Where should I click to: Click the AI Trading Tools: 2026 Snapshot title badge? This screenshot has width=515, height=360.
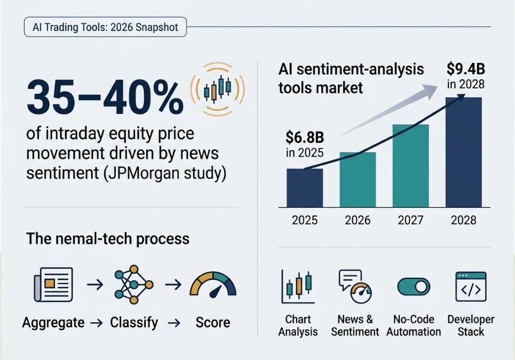tap(106, 27)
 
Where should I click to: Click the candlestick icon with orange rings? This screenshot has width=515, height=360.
tap(217, 89)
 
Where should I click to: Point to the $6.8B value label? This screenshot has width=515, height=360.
tap(305, 137)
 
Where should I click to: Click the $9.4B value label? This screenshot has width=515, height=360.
tap(466, 69)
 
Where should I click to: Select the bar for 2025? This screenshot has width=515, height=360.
tap(305, 188)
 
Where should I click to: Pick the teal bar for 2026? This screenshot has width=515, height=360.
tap(358, 179)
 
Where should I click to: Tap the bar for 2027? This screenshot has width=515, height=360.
tap(411, 166)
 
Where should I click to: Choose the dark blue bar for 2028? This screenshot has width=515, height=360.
tap(463, 152)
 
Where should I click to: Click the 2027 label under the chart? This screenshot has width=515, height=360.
tap(411, 220)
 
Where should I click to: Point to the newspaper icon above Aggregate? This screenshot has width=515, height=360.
tap(53, 284)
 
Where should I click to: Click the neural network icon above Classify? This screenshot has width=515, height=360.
tap(134, 284)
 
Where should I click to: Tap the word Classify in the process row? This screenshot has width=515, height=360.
tap(134, 323)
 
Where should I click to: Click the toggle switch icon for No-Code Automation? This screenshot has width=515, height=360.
tap(413, 287)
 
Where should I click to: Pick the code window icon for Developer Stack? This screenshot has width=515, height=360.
tap(471, 287)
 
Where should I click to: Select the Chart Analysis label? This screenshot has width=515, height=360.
tap(298, 326)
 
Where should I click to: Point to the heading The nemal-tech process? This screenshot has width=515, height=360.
tap(108, 239)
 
